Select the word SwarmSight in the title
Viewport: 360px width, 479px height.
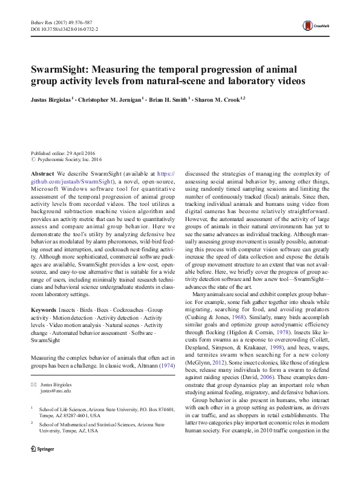(x=62, y=68)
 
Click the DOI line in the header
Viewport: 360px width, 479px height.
(x=64, y=28)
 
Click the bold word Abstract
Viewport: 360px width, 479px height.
(x=42, y=173)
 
